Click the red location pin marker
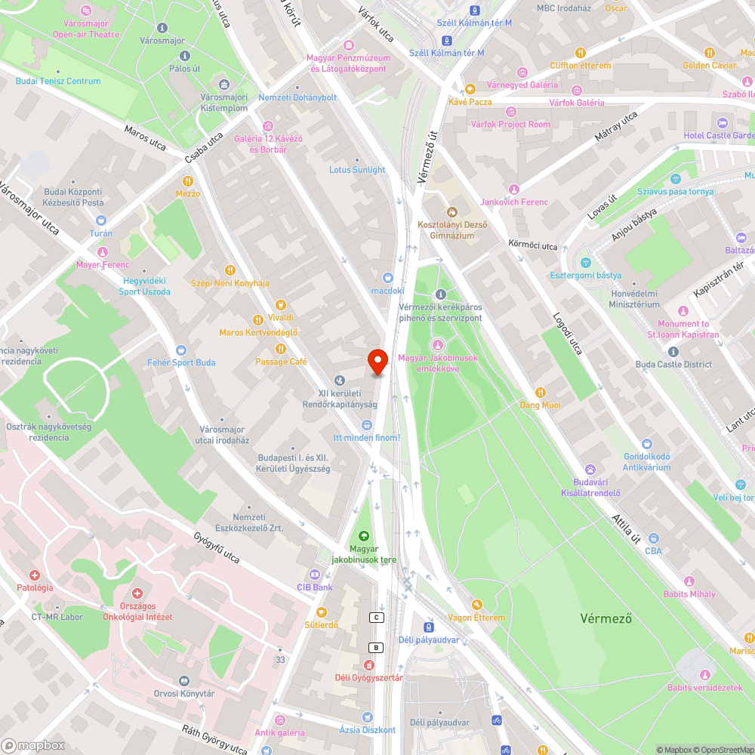tap(377, 361)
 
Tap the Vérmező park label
tap(605, 618)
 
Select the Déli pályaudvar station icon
tap(428, 627)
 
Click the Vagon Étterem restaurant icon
tap(476, 605)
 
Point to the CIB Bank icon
tap(315, 575)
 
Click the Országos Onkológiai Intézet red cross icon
tap(137, 594)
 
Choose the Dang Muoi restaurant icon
tap(540, 393)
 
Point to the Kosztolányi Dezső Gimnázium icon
tap(452, 212)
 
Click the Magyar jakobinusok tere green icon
tap(362, 536)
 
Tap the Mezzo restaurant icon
tap(187, 181)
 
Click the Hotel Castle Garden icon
tap(723, 123)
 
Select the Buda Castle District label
tap(673, 364)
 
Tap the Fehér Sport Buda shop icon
tap(180, 350)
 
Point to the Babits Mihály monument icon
tap(689, 581)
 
